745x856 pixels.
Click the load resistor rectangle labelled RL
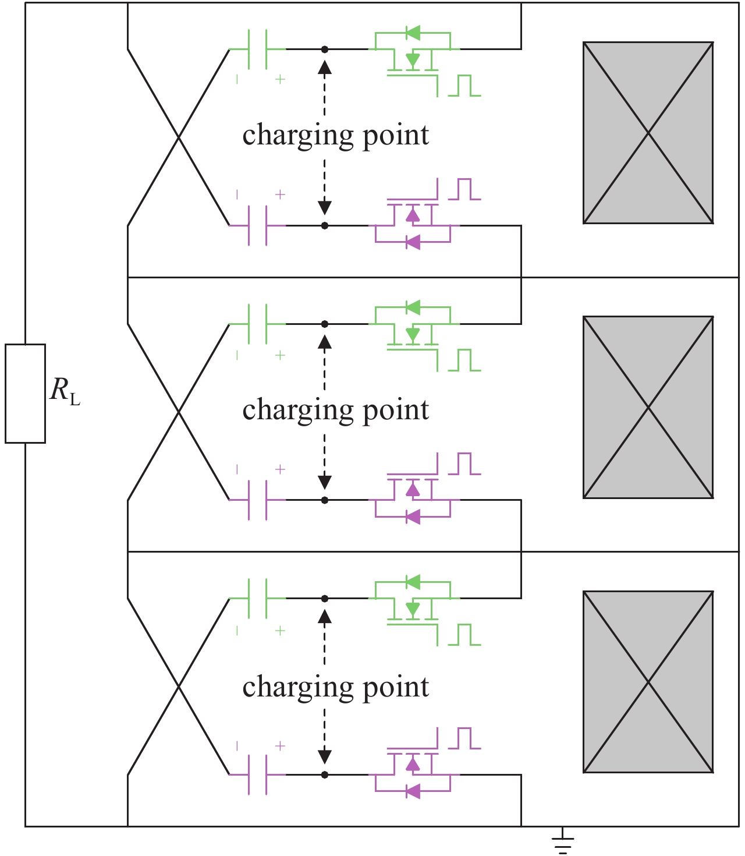25,394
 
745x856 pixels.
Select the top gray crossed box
648,133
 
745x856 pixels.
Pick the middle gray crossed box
648,407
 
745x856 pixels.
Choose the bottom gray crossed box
648,682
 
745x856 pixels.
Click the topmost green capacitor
257,49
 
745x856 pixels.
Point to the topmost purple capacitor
257,225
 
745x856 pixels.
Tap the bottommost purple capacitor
257,774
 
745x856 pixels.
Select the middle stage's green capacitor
257,324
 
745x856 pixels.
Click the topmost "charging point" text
335,136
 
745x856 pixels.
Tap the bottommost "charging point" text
335,687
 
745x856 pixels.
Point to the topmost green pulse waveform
464,86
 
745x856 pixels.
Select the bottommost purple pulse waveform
464,738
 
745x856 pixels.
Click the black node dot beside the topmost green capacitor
325,49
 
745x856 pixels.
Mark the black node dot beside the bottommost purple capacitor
325,774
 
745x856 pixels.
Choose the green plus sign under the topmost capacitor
280,79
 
